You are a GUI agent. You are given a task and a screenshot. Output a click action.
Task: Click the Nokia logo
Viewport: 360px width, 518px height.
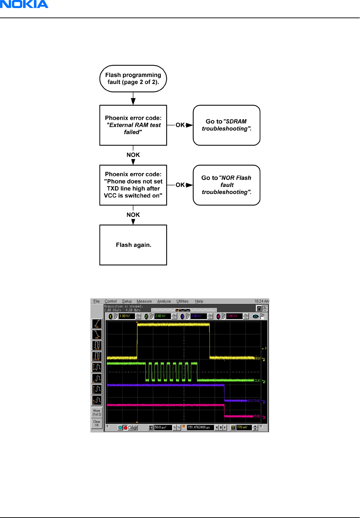pyautogui.click(x=24, y=4)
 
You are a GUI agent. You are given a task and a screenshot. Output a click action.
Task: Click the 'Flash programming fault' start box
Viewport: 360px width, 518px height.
pyautogui.click(x=133, y=78)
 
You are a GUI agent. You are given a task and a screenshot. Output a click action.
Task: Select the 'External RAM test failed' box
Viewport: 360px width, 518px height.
pyautogui.click(x=133, y=125)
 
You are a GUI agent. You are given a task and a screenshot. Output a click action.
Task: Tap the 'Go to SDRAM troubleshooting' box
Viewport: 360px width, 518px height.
pyautogui.click(x=226, y=125)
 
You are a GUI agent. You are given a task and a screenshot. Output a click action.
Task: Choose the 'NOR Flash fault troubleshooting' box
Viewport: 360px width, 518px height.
pyautogui.click(x=226, y=185)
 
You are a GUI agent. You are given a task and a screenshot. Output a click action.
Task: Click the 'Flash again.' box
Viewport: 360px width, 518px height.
pyautogui.click(x=133, y=245)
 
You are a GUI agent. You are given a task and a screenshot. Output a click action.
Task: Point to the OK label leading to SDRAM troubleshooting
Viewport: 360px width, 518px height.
pyautogui.click(x=180, y=125)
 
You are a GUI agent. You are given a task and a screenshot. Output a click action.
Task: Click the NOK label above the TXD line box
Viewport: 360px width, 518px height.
pyautogui.click(x=133, y=155)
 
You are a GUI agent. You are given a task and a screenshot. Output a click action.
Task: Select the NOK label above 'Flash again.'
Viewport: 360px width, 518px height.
pyautogui.click(x=133, y=215)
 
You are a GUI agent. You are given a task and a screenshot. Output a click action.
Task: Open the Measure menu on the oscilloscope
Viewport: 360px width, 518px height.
pyautogui.click(x=144, y=301)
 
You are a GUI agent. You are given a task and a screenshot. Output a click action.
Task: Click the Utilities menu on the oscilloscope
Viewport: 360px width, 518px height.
pyautogui.click(x=182, y=301)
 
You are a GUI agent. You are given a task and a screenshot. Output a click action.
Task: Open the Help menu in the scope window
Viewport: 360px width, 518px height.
pyautogui.click(x=199, y=301)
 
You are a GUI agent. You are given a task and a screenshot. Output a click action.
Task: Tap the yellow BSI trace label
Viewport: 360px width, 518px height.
pyautogui.click(x=258, y=358)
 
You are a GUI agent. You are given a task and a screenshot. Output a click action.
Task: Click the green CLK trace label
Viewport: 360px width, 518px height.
pyautogui.click(x=257, y=381)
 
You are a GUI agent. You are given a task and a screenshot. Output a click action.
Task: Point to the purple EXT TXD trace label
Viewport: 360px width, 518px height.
pyautogui.click(x=254, y=401)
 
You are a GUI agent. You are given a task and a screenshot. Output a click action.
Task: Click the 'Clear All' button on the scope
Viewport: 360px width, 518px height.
pyautogui.click(x=97, y=423)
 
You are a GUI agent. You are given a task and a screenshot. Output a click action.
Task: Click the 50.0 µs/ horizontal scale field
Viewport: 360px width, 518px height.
pyautogui.click(x=163, y=427)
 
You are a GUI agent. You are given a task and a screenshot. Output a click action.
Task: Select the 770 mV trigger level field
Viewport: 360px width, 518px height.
pyautogui.click(x=244, y=427)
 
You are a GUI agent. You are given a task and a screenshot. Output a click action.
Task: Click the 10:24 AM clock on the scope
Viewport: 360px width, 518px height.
pyautogui.click(x=261, y=301)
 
